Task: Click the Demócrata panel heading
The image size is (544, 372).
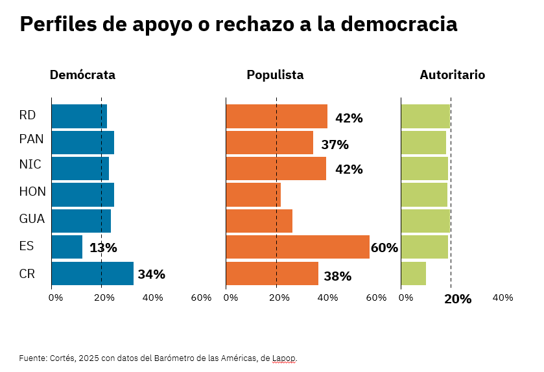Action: (x=82, y=75)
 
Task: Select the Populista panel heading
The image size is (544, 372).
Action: (x=275, y=75)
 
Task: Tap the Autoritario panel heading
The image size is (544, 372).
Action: (x=452, y=75)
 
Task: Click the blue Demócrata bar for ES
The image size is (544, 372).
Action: (x=67, y=247)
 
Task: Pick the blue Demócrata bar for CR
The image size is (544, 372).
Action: (x=92, y=273)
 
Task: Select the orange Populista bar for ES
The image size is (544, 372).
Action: (x=298, y=247)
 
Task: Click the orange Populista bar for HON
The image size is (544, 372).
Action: (x=253, y=194)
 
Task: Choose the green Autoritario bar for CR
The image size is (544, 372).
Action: (x=414, y=273)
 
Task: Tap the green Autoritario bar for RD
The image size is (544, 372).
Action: (x=425, y=116)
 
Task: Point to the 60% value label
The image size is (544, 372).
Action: (x=384, y=248)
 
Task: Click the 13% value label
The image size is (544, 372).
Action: (x=103, y=248)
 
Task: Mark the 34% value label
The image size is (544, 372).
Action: (x=151, y=274)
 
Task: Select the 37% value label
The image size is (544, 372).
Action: (x=335, y=145)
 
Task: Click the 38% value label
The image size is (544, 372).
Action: (x=337, y=276)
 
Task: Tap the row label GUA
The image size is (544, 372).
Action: (x=32, y=219)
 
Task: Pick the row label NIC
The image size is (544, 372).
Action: (x=30, y=165)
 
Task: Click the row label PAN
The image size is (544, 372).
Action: (x=31, y=139)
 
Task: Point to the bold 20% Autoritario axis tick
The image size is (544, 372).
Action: (x=458, y=299)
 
